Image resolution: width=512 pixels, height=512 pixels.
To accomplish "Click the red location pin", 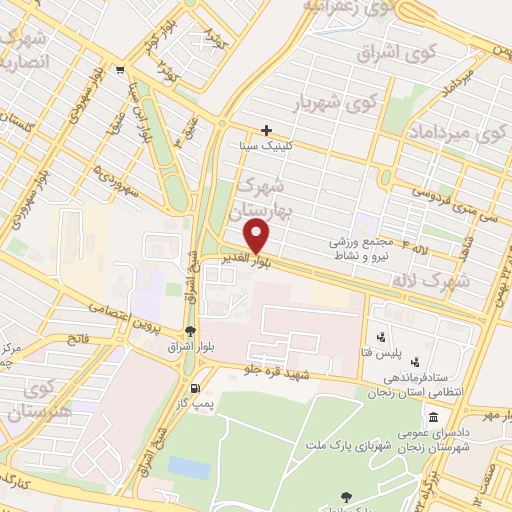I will point(258,236).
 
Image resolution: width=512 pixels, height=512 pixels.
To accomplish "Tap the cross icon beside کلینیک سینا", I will point(266,129).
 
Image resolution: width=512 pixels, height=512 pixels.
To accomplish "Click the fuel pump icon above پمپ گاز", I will point(194,389).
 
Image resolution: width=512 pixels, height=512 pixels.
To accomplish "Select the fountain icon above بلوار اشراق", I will point(190,332).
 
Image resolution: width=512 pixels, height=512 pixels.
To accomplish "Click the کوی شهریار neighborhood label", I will point(337,102).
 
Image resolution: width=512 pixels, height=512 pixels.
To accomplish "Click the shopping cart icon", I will point(120,70).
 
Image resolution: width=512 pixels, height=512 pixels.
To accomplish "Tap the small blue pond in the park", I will point(189,468).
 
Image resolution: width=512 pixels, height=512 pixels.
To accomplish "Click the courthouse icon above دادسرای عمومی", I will point(433,418).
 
